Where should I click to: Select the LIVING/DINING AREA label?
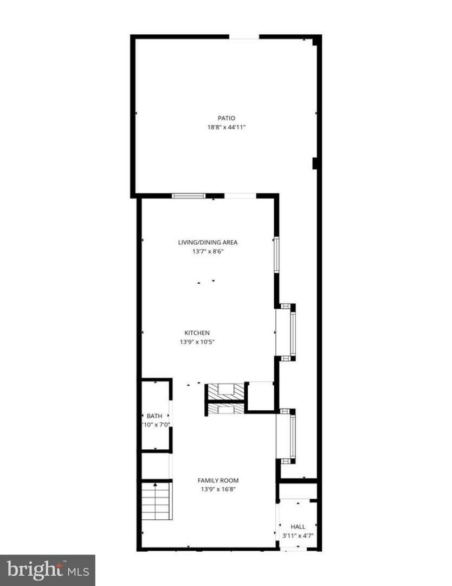pos(208,243)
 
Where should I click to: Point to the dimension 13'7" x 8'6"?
pos(208,251)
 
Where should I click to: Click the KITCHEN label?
pos(197,333)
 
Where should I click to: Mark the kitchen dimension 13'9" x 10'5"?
pos(197,342)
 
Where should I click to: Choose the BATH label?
pos(154,416)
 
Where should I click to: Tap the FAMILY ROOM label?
pos(217,480)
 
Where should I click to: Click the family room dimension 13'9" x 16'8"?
pos(217,489)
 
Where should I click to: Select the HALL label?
pos(298,526)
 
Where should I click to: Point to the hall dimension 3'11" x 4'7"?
pos(298,536)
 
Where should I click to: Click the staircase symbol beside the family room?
pos(157,501)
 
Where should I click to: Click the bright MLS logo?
pos(47,570)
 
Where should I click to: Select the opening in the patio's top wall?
pos(244,37)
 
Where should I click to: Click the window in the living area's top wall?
pos(189,196)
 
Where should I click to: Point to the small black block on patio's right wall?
pos(315,163)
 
